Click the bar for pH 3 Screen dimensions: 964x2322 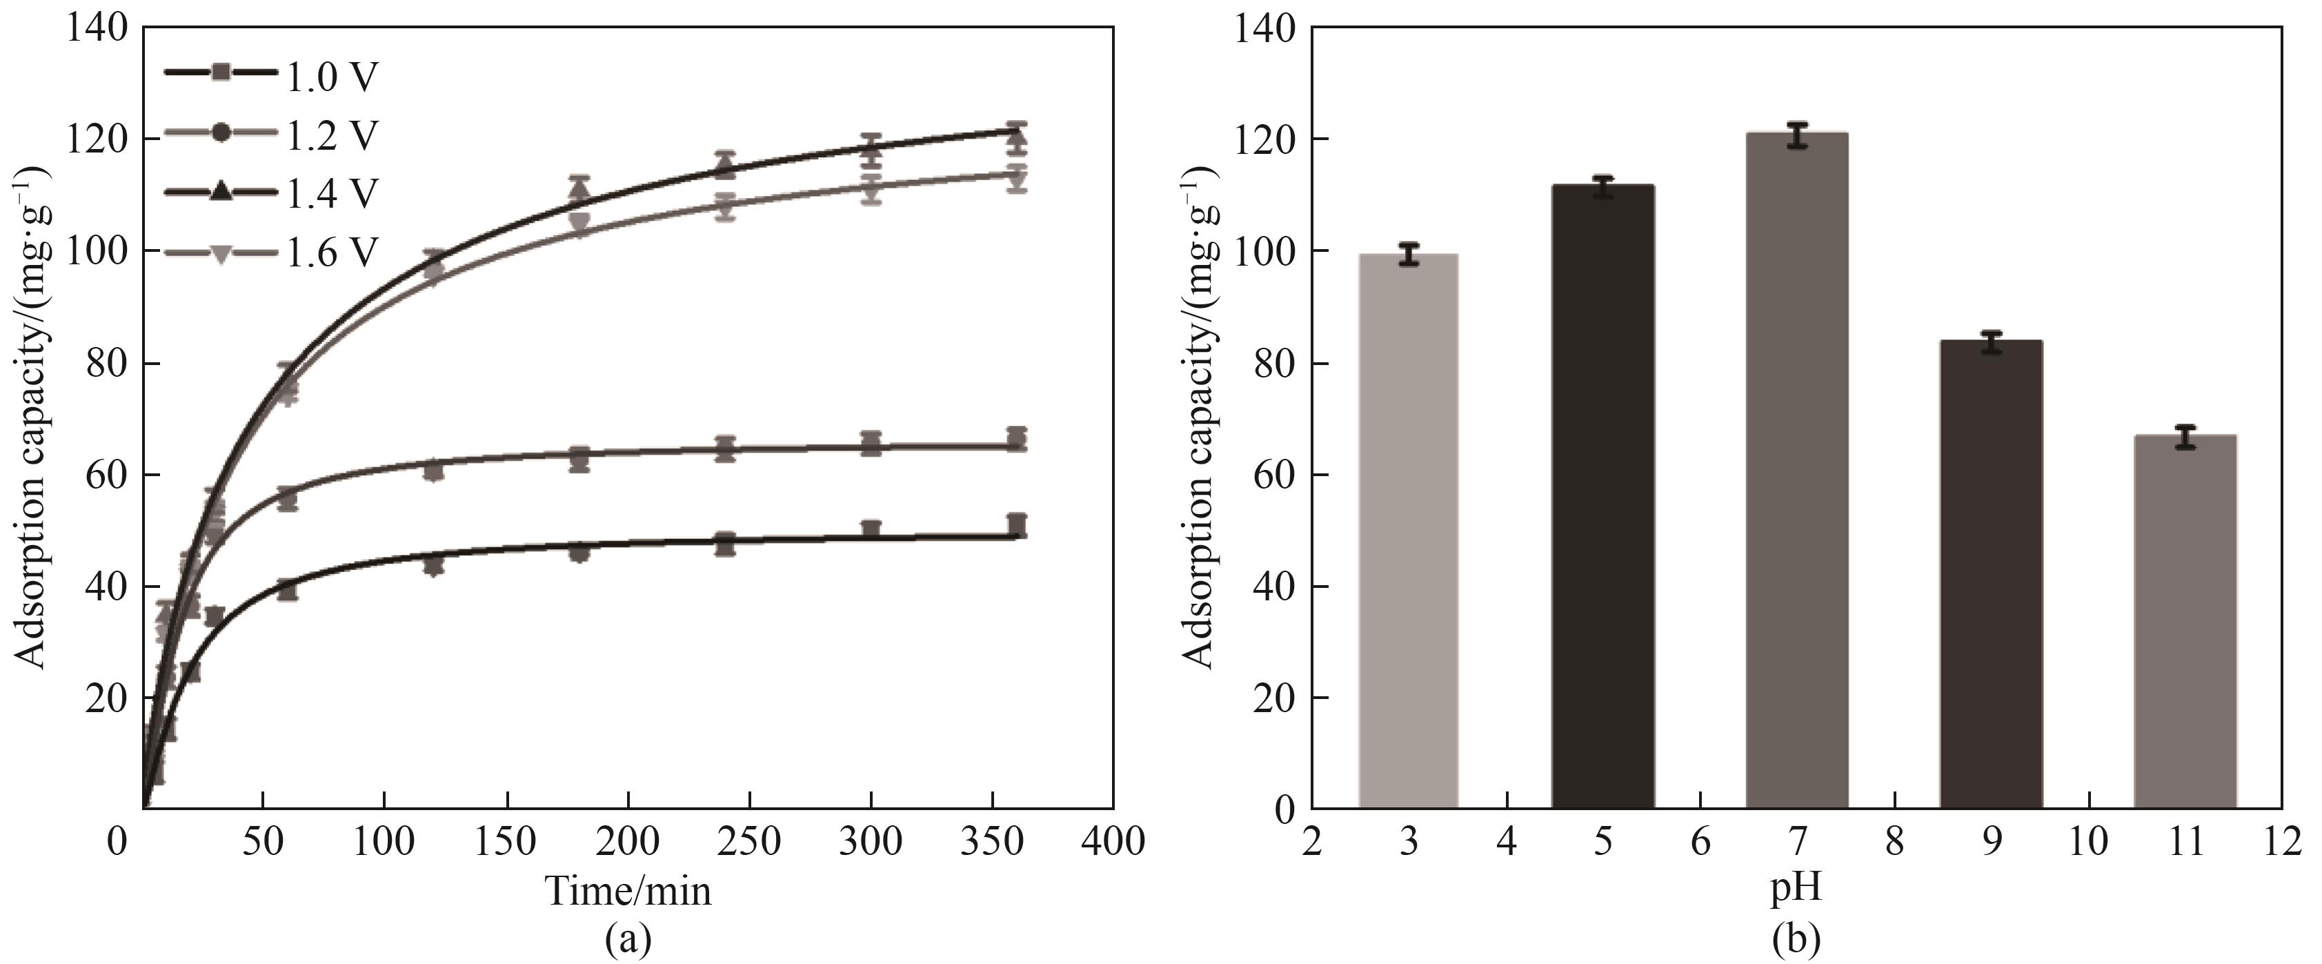(1409, 531)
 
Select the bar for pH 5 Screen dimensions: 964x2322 (1602, 496)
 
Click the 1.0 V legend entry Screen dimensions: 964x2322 (270, 77)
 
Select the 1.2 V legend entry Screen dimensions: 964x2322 (270, 135)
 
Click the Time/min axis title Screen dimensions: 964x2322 (628, 891)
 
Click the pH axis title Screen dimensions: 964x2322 (1796, 887)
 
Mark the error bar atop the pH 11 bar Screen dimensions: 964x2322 (2185, 437)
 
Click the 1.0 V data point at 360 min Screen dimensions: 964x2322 (1017, 525)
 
